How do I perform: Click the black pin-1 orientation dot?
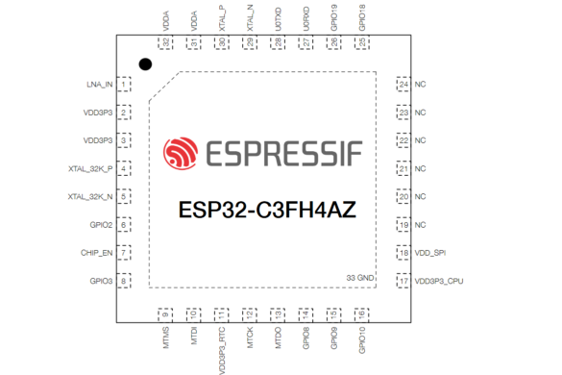click(145, 64)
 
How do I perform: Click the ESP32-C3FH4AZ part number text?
click(268, 210)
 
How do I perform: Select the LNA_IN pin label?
click(99, 85)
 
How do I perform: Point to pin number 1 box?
click(124, 85)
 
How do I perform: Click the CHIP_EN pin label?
click(97, 253)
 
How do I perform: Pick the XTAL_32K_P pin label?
click(90, 168)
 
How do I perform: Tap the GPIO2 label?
click(101, 225)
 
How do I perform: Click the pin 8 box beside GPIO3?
click(124, 281)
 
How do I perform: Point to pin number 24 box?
click(403, 85)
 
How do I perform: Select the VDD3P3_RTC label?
click(222, 348)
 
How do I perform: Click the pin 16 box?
click(361, 314)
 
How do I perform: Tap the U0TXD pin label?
click(278, 18)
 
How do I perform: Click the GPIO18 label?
click(361, 18)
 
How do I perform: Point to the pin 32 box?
click(166, 43)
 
